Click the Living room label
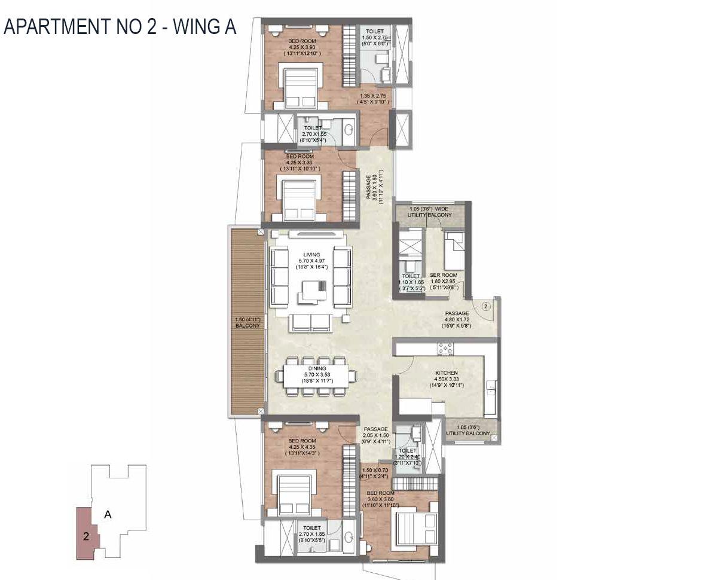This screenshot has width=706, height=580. click(x=311, y=255)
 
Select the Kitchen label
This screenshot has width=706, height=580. click(x=447, y=373)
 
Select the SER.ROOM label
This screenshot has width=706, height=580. click(x=443, y=275)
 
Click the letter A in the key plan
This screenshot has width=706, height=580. click(x=108, y=514)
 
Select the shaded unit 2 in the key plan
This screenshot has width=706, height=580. click(x=86, y=536)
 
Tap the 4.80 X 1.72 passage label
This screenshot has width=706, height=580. click(x=457, y=313)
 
